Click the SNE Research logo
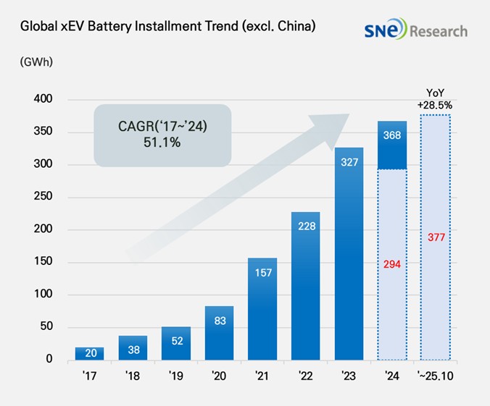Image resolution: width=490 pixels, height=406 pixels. point(416,30)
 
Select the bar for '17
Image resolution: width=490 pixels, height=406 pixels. point(89,353)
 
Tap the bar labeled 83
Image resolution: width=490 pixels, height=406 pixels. point(220,333)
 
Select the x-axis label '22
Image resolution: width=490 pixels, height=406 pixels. point(305,376)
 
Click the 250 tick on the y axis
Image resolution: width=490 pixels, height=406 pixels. point(46,197)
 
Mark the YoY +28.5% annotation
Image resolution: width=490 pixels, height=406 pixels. point(434,100)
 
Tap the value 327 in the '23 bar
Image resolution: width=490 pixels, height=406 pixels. point(349,162)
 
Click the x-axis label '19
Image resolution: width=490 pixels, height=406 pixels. point(175,376)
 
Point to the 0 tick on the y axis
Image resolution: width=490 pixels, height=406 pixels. point(49,360)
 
